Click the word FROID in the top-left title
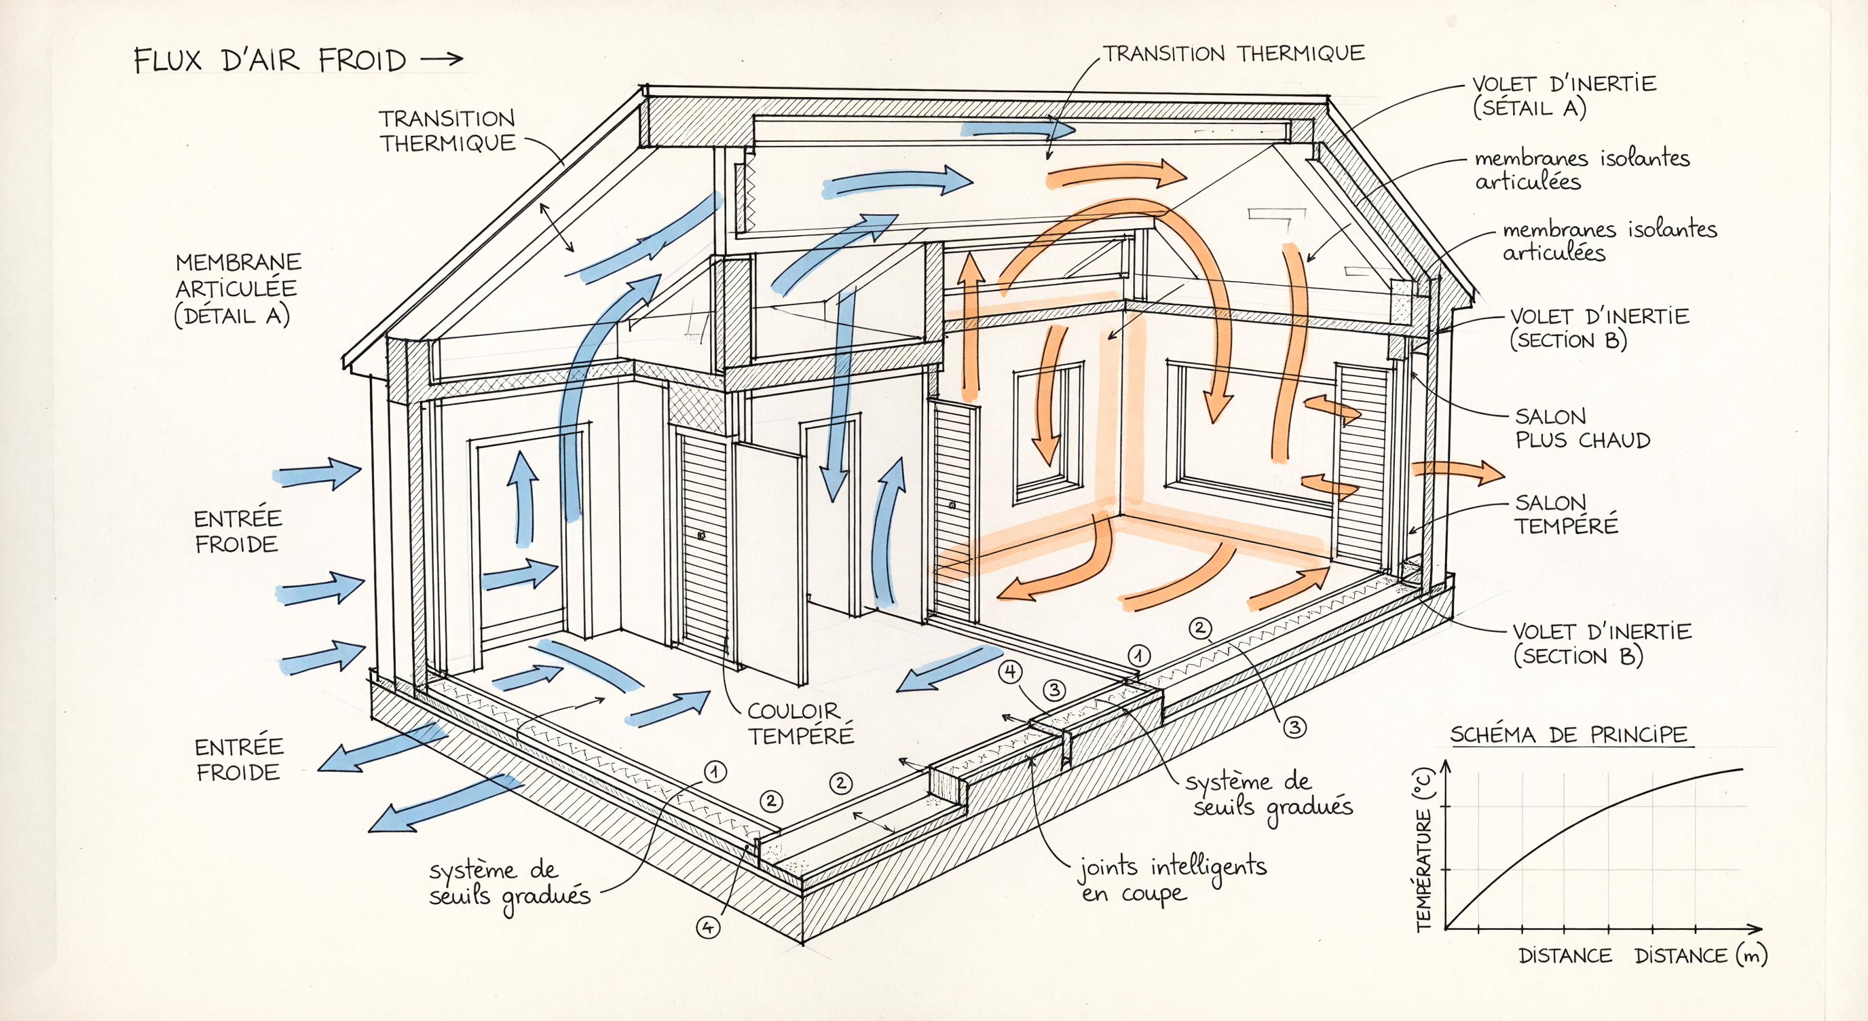coord(362,61)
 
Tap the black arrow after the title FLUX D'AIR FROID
coord(442,60)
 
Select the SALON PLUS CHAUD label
coord(1582,428)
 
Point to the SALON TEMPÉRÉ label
coord(1567,514)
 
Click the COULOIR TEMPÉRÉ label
coord(800,724)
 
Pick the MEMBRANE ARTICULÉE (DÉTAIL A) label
coord(238,289)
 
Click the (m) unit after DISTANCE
coord(1751,956)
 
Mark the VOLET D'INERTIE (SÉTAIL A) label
coord(1563,96)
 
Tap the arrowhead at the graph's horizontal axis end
coord(1756,928)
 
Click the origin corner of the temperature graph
coord(1445,928)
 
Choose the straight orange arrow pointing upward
coord(970,327)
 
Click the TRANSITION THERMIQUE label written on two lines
coord(447,131)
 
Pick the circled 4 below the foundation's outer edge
coord(708,927)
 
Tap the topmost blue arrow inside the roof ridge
coord(1018,130)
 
